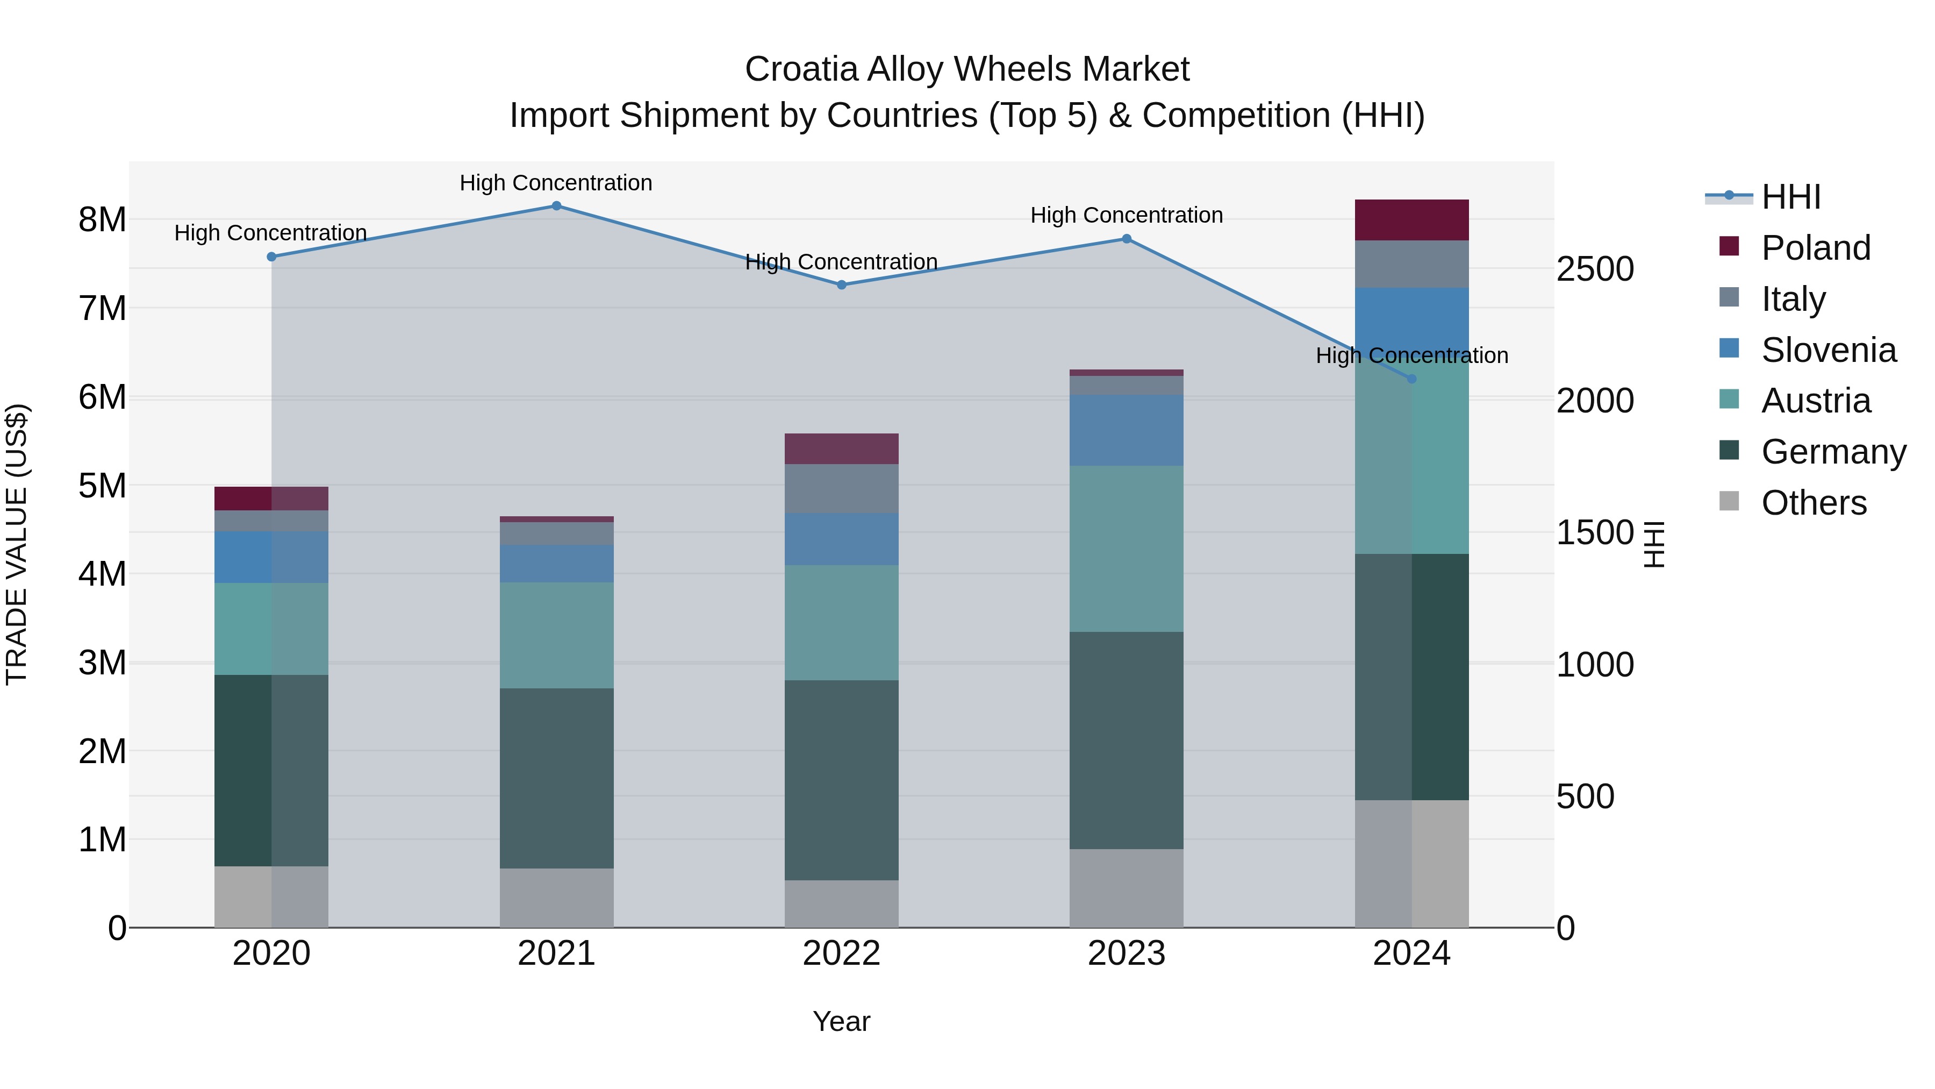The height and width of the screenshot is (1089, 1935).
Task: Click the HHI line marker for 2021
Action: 556,206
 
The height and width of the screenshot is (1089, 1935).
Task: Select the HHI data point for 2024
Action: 1411,379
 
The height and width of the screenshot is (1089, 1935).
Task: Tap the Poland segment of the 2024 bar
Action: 1411,220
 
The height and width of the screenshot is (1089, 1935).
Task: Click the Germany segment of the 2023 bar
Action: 1126,741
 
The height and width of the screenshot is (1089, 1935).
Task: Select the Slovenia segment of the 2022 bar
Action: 841,539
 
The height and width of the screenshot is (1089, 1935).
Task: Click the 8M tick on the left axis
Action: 102,220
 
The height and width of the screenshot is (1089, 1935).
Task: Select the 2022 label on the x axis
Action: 841,953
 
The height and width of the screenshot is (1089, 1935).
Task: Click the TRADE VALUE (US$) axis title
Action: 17,544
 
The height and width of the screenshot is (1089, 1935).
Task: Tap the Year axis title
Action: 841,1021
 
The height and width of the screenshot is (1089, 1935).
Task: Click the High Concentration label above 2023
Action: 1126,216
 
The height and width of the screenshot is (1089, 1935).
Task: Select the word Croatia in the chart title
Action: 801,69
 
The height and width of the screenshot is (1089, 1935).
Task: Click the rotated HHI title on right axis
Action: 1654,544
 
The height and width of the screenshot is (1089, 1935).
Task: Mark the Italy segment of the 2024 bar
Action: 1411,264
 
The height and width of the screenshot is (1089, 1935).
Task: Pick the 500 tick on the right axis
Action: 1585,796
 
